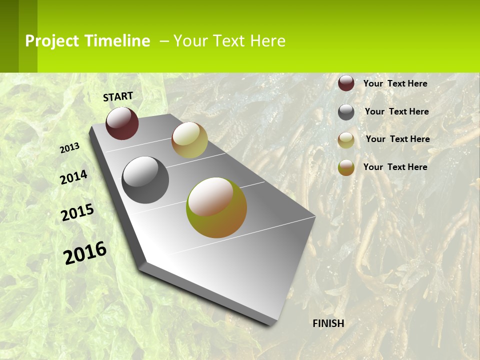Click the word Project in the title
point(52,41)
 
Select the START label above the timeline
point(118,96)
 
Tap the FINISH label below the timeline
point(328,323)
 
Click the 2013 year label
point(70,148)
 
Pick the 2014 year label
point(74,177)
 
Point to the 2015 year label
point(77,212)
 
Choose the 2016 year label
point(85,253)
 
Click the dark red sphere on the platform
point(122,123)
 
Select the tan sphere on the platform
point(189,140)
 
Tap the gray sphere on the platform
point(145,179)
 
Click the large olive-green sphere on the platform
point(216,207)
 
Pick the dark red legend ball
point(346,83)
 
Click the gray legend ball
point(346,112)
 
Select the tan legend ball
point(346,140)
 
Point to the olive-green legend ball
point(346,167)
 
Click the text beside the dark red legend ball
point(395,83)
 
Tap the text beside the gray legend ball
point(396,111)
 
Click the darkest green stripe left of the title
point(9,36)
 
